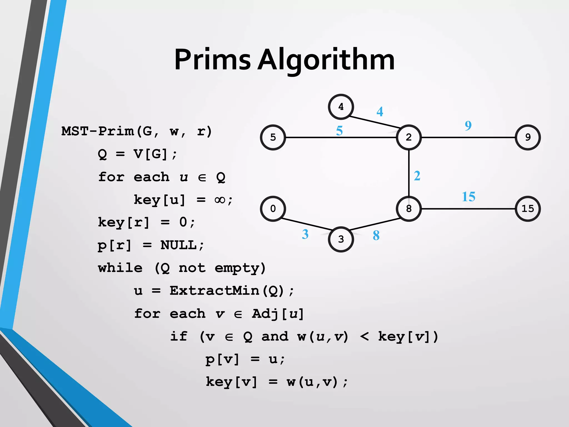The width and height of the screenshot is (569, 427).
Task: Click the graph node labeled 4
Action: pos(341,107)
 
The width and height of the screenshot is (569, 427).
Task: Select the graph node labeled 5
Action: pos(273,137)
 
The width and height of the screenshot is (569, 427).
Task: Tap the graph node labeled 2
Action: pos(409,137)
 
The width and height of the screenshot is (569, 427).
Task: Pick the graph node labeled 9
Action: pos(528,137)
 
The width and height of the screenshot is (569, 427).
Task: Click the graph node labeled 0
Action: pos(273,208)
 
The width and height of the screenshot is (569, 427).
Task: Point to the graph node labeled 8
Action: pos(409,208)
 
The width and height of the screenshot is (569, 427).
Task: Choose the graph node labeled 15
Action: pos(528,208)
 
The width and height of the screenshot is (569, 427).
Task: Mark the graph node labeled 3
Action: pos(341,239)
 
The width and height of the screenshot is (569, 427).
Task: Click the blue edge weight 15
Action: pos(468,197)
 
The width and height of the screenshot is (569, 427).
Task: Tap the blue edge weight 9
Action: pos(468,126)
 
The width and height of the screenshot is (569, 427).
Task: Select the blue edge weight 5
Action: pos(339,131)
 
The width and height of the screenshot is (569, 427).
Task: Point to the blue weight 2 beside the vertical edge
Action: pos(417,176)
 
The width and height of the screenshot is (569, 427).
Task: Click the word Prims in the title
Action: pos(212,60)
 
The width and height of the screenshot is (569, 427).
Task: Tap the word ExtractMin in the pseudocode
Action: pos(214,291)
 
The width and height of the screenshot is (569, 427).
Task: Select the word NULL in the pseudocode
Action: pos(178,245)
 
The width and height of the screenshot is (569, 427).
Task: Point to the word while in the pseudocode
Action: pos(120,268)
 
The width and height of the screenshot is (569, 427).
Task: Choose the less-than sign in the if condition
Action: pos(364,337)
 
